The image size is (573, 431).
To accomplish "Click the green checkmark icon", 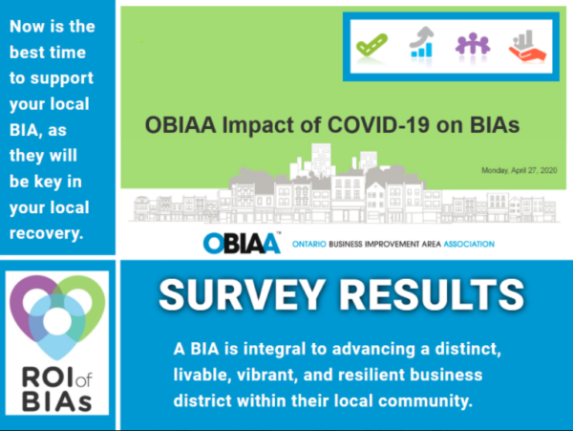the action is point(371,45).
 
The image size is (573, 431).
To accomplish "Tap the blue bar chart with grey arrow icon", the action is point(421,42).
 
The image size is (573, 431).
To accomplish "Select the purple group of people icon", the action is point(473,44).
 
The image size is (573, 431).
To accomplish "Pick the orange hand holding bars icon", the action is point(527,46).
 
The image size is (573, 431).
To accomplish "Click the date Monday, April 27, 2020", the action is point(519,170).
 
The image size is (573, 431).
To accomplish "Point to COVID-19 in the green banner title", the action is point(378,125).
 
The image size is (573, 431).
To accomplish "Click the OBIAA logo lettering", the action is point(242,243).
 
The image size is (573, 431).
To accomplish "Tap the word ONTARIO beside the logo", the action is point(309,244).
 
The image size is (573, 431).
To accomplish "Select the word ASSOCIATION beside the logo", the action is point(469,244).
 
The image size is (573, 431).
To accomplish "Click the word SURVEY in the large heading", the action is point(242,294).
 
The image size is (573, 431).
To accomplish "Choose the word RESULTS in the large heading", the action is point(433,294).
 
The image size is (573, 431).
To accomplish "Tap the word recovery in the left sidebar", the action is point(47,233).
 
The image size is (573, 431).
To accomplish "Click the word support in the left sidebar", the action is point(62,78).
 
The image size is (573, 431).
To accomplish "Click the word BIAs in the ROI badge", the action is point(56,401).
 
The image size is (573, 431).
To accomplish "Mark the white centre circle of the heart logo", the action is point(57,321).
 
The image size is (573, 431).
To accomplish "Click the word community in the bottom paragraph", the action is point(425,401).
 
